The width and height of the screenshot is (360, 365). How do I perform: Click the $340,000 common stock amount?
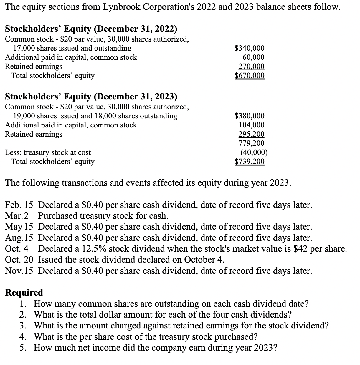[x=249, y=48]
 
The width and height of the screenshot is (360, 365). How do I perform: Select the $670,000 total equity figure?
[x=249, y=76]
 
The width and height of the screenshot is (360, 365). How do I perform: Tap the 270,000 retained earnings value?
[x=251, y=67]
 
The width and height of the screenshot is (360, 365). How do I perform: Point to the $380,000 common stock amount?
[x=249, y=116]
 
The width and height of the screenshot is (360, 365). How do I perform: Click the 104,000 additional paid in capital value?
[x=251, y=125]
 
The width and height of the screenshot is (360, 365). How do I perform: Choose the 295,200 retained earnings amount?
[x=251, y=134]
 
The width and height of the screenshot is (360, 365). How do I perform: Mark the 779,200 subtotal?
[x=251, y=143]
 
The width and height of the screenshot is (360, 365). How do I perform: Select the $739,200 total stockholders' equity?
[x=249, y=162]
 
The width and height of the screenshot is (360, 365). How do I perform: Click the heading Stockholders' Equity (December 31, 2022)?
[x=91, y=29]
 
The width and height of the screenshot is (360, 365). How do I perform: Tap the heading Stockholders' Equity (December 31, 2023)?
[x=91, y=97]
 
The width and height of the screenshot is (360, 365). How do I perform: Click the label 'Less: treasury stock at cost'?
[x=48, y=152]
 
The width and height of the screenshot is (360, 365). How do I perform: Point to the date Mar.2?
[x=17, y=216]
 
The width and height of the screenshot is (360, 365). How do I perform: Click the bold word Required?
[x=24, y=293]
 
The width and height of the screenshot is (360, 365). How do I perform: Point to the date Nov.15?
[x=19, y=271]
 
